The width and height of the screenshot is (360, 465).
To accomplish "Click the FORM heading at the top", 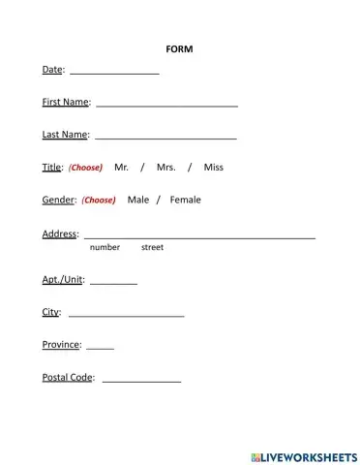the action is pyautogui.click(x=179, y=48).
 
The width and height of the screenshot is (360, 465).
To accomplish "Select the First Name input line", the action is pyautogui.click(x=166, y=105).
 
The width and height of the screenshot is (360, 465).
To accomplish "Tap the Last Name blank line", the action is pyautogui.click(x=165, y=138).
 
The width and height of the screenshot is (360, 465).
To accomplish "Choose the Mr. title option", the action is pyautogui.click(x=121, y=168).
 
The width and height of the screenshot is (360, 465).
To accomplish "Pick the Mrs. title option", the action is pyautogui.click(x=165, y=168).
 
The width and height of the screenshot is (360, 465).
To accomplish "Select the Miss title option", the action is pyautogui.click(x=213, y=168).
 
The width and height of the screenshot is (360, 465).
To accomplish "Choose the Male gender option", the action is pyautogui.click(x=138, y=201).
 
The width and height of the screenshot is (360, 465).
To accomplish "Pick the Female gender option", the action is pyautogui.click(x=185, y=201).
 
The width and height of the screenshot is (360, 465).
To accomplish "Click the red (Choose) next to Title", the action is pyautogui.click(x=85, y=168).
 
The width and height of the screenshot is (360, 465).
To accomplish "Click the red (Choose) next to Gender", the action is pyautogui.click(x=98, y=201).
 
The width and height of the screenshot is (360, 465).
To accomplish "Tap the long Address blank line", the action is pyautogui.click(x=199, y=236).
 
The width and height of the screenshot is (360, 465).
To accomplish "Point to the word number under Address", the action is pyautogui.click(x=105, y=248).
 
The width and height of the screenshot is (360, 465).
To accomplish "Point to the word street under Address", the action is pyautogui.click(x=152, y=248).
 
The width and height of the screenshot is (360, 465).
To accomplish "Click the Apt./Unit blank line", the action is pyautogui.click(x=113, y=282).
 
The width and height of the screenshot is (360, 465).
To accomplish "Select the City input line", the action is pyautogui.click(x=126, y=315).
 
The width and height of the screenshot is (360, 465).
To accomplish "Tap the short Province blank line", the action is pyautogui.click(x=100, y=347).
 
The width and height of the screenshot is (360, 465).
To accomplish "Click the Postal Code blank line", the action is pyautogui.click(x=141, y=381).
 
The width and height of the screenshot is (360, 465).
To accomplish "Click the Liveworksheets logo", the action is pyautogui.click(x=302, y=455).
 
